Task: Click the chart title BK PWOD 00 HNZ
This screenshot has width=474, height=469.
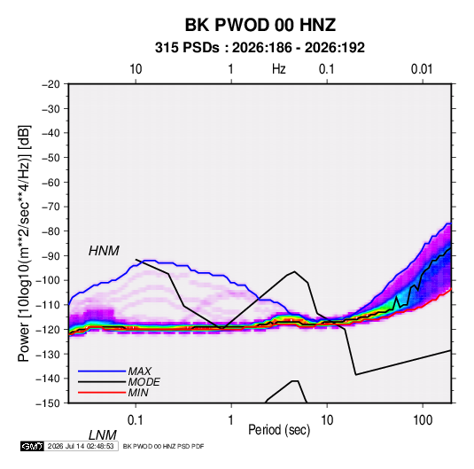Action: tap(260, 25)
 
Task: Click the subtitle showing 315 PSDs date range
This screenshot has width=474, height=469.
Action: tap(260, 48)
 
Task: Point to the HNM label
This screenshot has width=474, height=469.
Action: tap(104, 251)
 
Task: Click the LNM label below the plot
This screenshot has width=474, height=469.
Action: tap(102, 435)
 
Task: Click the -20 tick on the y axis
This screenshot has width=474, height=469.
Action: tap(51, 84)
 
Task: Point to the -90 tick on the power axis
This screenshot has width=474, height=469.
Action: tap(51, 256)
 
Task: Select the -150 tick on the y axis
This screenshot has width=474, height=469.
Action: tap(49, 403)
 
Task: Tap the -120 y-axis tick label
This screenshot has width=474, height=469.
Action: tap(49, 330)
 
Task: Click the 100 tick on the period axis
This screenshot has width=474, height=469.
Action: tap(423, 420)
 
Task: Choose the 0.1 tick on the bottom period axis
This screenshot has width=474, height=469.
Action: tap(136, 420)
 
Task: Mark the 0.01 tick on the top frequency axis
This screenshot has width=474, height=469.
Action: tap(422, 69)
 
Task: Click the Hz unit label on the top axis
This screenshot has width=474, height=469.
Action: tap(279, 69)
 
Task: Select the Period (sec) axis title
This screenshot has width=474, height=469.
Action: tap(279, 430)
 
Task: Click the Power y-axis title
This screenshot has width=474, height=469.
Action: tap(24, 244)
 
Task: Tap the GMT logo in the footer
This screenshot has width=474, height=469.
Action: tap(32, 446)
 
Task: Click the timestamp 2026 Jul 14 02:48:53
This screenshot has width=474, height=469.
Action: tap(81, 446)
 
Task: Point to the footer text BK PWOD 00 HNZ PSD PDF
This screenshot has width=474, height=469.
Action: tap(164, 446)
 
